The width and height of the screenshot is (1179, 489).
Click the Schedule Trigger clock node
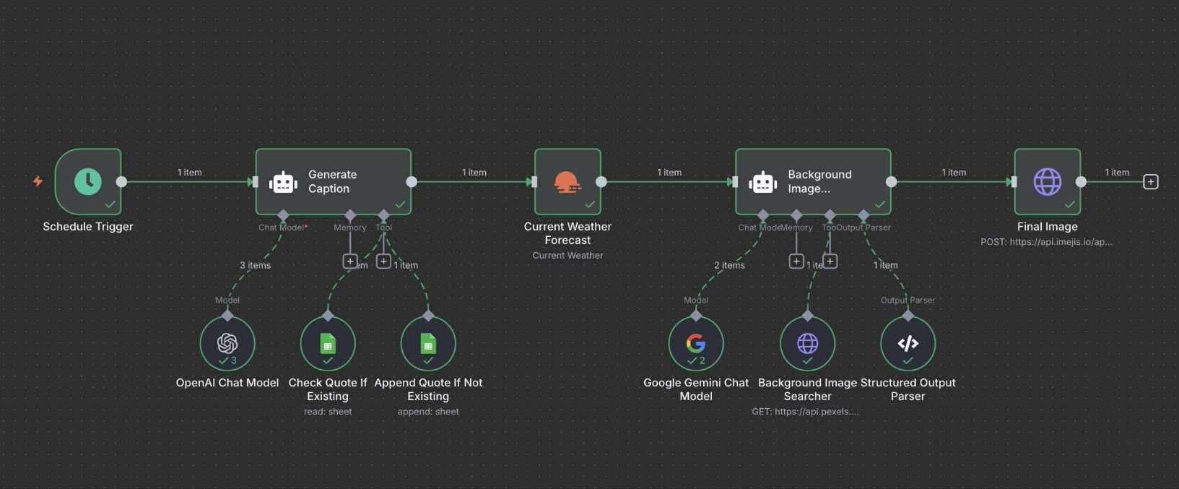coord(88,181)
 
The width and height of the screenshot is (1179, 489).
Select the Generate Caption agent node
coord(334,181)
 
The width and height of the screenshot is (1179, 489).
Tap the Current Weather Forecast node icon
coord(567,181)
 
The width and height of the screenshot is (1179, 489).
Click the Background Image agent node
coord(813,181)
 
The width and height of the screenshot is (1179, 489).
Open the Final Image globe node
coord(1047,181)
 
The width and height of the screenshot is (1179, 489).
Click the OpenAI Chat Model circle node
coord(227,343)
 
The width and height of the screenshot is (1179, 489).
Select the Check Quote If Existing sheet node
coord(328,343)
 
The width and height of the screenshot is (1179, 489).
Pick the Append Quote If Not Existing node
coord(428,343)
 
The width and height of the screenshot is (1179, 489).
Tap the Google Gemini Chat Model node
coord(696,343)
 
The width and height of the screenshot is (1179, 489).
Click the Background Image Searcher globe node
coord(807,343)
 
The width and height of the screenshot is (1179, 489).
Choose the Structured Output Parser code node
coord(908,343)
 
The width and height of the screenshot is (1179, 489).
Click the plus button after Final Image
coord(1151,182)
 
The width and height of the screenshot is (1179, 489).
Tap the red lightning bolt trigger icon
coord(38,181)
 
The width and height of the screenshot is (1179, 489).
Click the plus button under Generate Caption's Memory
coord(350,261)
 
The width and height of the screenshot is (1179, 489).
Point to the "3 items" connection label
coord(255,265)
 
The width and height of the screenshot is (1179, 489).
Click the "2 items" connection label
coord(729,265)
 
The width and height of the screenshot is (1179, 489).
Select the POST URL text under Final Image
coord(1046,242)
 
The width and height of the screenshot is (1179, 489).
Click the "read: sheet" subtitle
coord(328,412)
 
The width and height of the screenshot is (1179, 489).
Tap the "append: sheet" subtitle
coord(428,412)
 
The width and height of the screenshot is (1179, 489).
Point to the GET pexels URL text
coord(805,412)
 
